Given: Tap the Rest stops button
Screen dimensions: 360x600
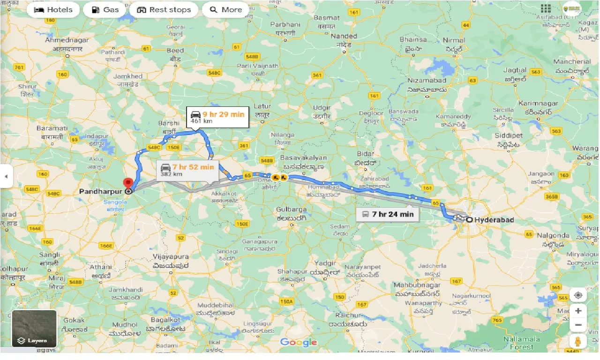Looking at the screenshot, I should pos(164,10).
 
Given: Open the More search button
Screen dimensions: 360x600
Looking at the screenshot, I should pos(225,10).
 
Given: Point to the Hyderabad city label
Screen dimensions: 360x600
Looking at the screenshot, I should pos(494,220).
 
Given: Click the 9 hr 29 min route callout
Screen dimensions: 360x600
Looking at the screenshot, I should pos(217,117).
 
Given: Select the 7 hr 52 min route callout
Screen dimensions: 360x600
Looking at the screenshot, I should pos(187,170).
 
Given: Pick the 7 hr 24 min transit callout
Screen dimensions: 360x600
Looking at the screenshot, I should pos(388,214).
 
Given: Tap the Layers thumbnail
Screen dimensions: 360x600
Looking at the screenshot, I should pos(34,329).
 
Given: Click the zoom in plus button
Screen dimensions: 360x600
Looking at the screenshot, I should pos(578,311).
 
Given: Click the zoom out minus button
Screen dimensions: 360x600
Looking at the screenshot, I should pos(578,325).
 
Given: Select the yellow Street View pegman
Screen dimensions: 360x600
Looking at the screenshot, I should pos(578,341).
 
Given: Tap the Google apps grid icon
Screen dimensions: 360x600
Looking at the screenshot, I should pos(546,8).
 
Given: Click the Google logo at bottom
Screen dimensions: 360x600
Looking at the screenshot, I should pos(299,342).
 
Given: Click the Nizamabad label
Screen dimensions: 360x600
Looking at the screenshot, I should pos(427,81).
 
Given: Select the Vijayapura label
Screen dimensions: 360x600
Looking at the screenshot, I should pos(171,257).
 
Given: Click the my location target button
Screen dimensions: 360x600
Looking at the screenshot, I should pos(578,295).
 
